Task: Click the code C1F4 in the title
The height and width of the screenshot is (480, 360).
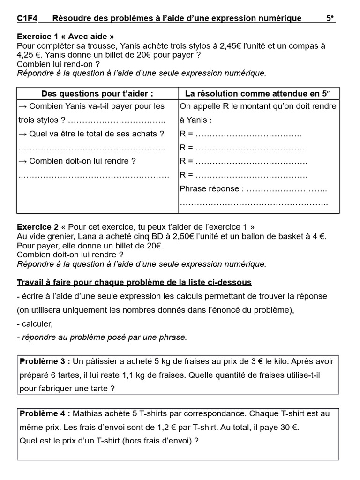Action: pos(27,18)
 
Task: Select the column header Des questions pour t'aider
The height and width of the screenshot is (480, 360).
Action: pos(97,94)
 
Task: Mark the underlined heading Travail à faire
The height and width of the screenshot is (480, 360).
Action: pos(134,282)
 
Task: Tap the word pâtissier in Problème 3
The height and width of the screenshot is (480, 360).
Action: pos(99,361)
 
